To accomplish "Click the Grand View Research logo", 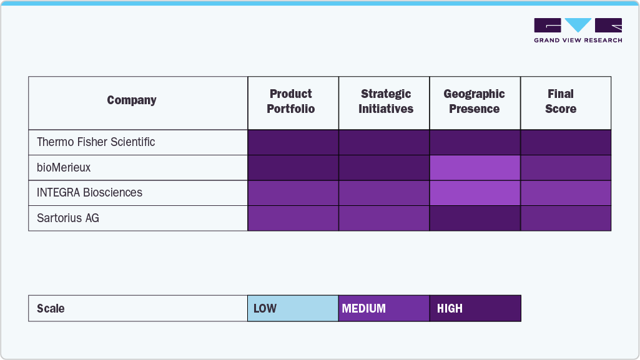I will [578, 30].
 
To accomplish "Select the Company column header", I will [132, 100].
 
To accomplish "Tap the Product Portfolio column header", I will [291, 102].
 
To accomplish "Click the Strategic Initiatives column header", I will [386, 102].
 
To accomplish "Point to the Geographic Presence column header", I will [475, 102].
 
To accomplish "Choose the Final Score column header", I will [561, 102].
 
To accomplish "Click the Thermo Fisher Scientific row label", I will [96, 142].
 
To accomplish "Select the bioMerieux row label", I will [64, 167].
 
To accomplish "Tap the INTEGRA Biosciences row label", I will [90, 193].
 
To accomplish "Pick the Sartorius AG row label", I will [68, 218].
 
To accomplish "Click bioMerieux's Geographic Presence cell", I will [475, 168].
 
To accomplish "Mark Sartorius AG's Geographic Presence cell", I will [475, 218].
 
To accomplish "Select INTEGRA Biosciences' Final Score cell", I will [566, 193].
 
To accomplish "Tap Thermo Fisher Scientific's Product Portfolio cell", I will [293, 142].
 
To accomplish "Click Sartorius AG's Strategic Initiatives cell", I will [384, 218].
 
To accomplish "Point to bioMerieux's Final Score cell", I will [566, 168].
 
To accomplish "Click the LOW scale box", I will [293, 308].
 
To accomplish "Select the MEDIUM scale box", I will [384, 308].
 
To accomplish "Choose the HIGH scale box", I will [475, 308].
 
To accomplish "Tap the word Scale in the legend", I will [51, 309].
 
